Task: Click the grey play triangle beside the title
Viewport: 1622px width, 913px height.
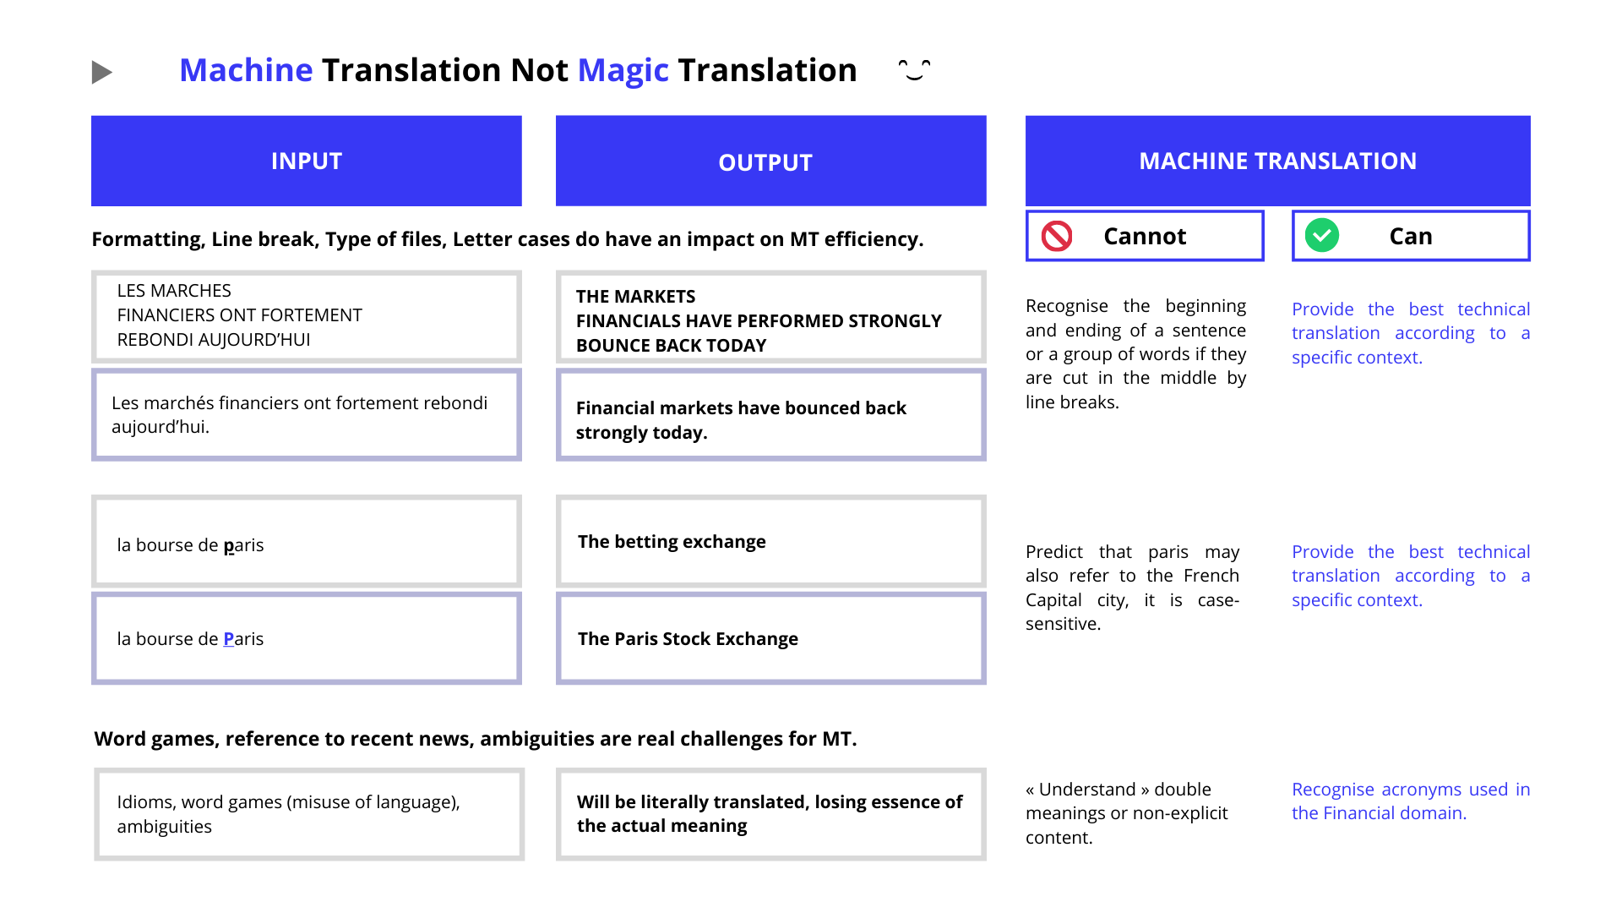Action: (101, 72)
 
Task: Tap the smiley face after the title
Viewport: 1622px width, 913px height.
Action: (914, 69)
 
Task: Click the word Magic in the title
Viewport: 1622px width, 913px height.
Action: (623, 71)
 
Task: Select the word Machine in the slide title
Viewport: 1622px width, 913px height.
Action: (246, 70)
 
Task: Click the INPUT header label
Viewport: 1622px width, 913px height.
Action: (307, 161)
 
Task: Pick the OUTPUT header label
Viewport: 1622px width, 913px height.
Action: (765, 162)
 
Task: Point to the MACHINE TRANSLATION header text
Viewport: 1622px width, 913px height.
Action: (1277, 161)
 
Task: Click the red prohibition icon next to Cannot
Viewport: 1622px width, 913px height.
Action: (1057, 236)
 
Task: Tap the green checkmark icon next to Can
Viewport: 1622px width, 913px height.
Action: (1322, 235)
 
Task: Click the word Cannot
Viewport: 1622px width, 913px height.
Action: (1145, 236)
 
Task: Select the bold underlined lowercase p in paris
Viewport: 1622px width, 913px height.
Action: (229, 546)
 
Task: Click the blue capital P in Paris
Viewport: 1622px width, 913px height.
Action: (229, 638)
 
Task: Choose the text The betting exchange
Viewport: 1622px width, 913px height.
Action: (672, 542)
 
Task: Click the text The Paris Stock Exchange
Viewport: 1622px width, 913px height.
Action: (688, 639)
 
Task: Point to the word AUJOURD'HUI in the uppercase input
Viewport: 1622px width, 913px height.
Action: (264, 339)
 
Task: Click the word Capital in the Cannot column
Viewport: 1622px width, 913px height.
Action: (1053, 600)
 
